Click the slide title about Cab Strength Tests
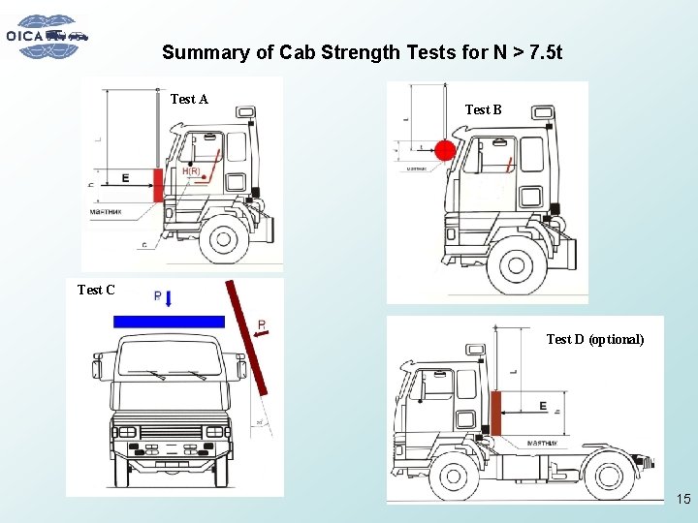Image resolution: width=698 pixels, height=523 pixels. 362,52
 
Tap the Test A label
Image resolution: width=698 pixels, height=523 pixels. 189,99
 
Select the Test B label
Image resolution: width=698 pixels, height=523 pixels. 483,109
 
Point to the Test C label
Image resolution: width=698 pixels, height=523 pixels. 96,290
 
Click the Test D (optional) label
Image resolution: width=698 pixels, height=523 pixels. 594,339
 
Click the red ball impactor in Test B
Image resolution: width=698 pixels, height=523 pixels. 445,150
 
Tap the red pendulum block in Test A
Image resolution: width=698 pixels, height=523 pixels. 159,185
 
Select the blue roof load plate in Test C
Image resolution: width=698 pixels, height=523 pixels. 168,322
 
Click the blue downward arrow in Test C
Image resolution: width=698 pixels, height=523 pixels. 169,300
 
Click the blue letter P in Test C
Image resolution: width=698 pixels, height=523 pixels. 158,296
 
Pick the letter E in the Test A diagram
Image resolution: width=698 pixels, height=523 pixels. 125,178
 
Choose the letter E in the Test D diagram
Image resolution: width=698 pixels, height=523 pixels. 543,406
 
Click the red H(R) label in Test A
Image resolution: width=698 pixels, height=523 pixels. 190,172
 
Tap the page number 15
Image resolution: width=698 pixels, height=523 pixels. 682,500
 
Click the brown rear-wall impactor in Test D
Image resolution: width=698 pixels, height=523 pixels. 495,413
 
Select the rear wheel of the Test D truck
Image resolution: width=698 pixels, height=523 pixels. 609,477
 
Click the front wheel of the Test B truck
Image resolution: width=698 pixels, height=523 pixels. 515,264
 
